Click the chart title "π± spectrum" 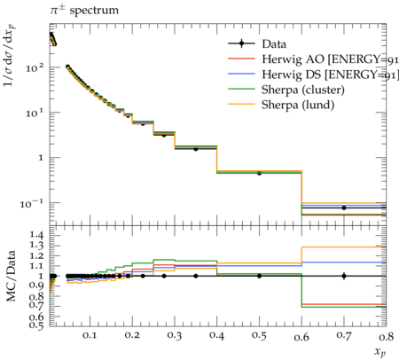(84, 10)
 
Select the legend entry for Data (257, 44)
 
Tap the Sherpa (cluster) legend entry (286, 90)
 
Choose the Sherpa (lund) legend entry (281, 105)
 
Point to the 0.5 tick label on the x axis (259, 336)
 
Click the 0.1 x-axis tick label (90, 336)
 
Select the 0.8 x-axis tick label (386, 336)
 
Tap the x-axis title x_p (380, 352)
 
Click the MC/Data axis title (11, 276)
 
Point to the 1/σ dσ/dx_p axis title (10, 55)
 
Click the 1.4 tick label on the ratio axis (36, 236)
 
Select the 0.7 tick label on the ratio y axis (36, 304)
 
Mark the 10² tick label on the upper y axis (35, 68)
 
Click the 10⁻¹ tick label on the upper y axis (32, 203)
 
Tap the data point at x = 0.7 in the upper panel (344, 207)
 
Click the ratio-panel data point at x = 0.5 (259, 276)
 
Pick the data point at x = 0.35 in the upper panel (196, 149)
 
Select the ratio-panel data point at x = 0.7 (344, 276)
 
